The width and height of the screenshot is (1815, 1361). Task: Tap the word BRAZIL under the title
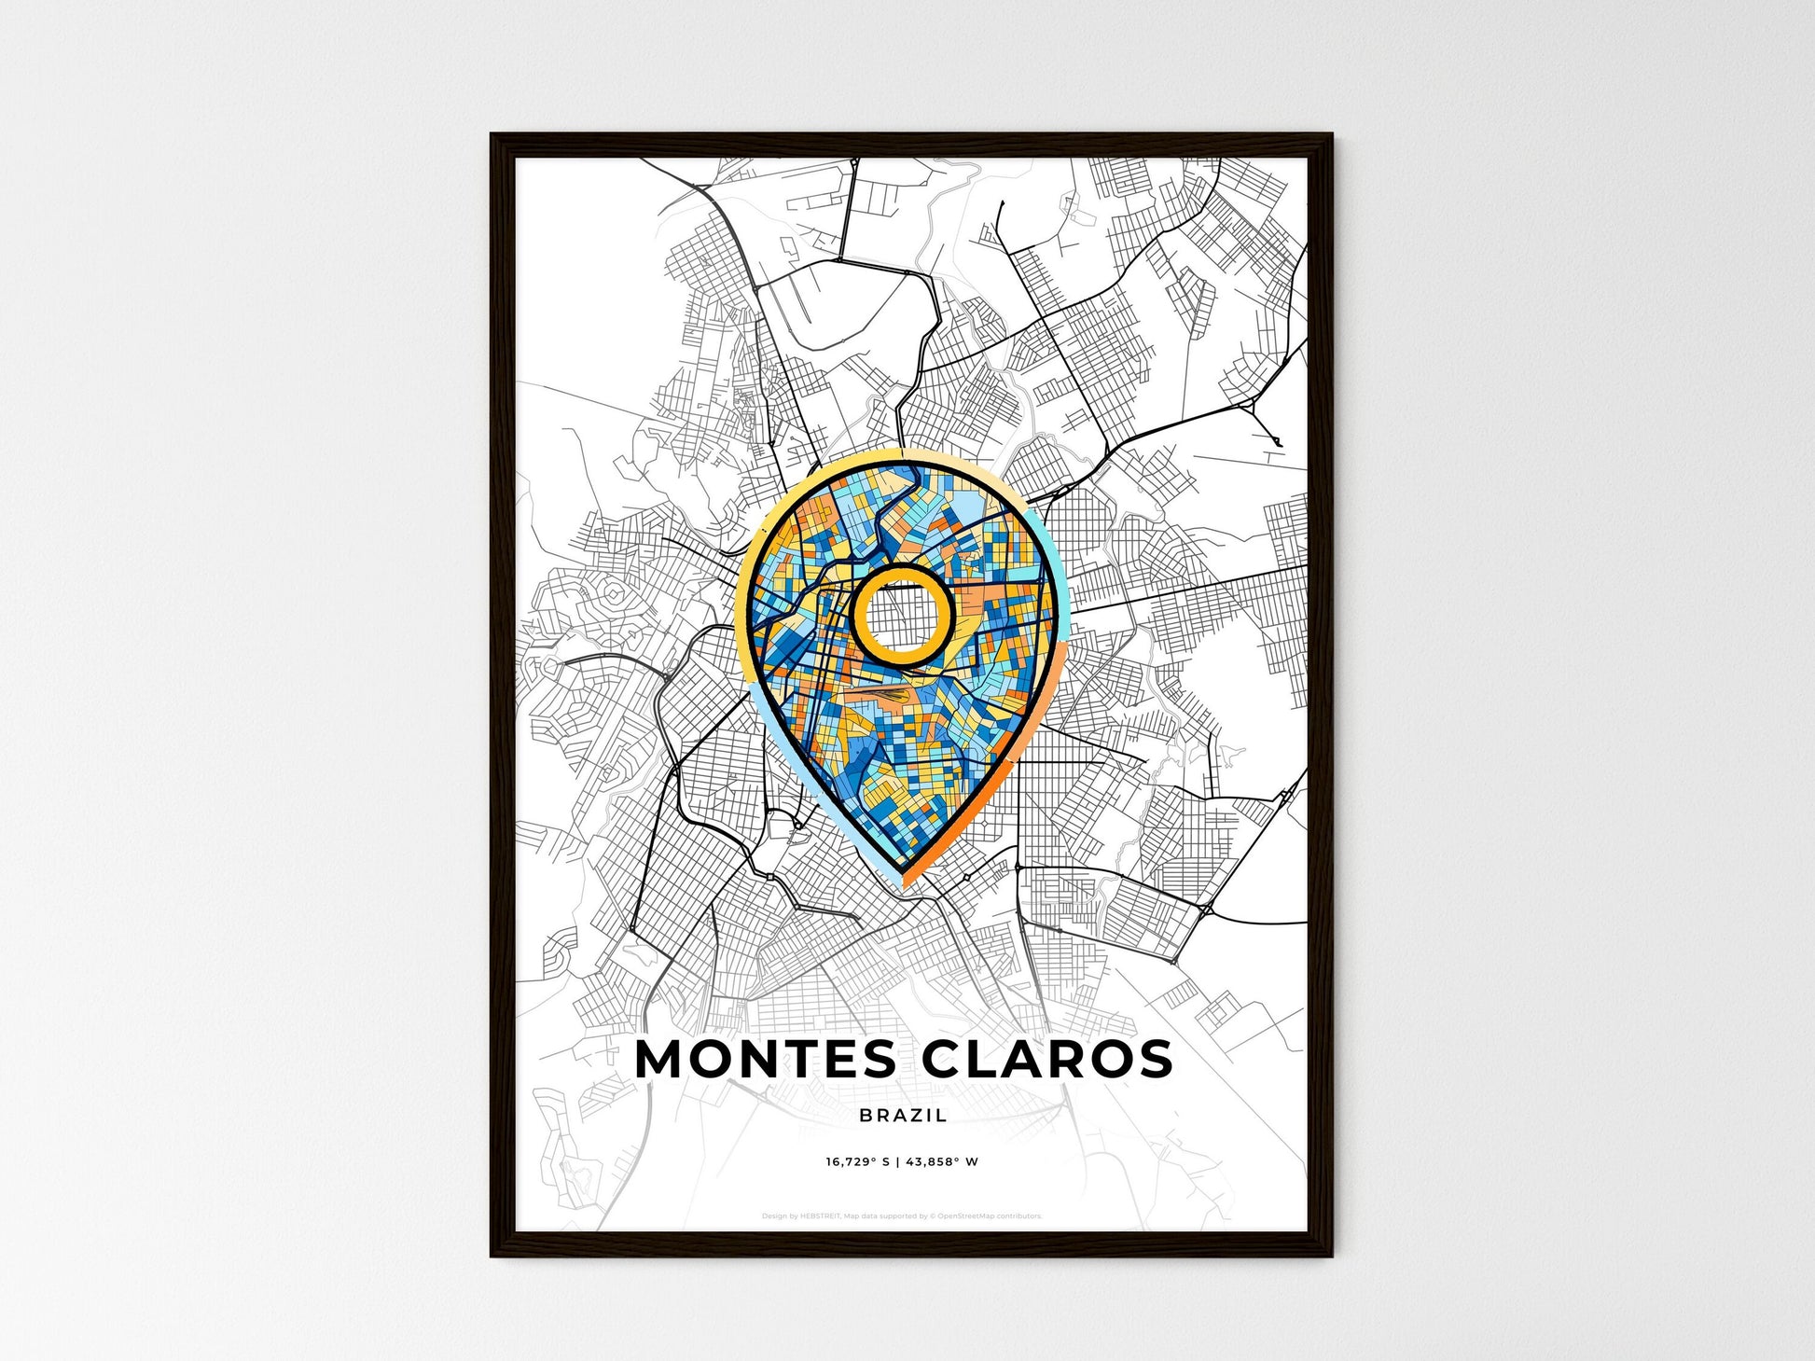pyautogui.click(x=903, y=1115)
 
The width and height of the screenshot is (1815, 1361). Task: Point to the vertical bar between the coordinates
pyautogui.click(x=901, y=1162)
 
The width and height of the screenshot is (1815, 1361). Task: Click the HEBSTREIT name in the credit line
pyautogui.click(x=821, y=1216)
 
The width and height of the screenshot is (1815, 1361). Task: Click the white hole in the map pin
pyautogui.click(x=902, y=615)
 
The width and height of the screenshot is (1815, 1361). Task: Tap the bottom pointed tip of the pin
pyautogui.click(x=901, y=882)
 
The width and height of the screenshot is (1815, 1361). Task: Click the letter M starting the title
pyautogui.click(x=659, y=1059)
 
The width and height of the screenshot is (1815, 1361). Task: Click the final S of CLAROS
pyautogui.click(x=1155, y=1059)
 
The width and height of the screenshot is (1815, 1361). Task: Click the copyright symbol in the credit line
pyautogui.click(x=934, y=1216)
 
